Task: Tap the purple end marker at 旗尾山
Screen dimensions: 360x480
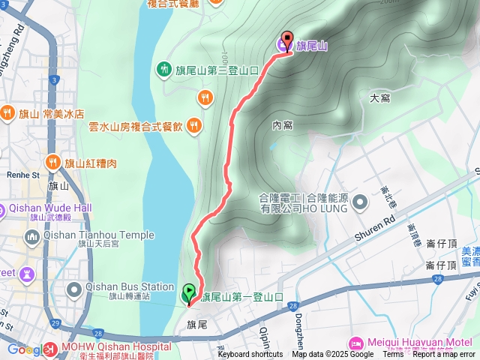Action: [x=286, y=41]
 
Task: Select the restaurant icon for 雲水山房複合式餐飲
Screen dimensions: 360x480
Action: [x=193, y=125]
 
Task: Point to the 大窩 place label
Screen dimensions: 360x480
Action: [x=380, y=98]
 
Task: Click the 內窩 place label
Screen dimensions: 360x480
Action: [x=282, y=125]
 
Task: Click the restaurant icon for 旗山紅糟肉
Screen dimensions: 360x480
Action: [x=52, y=162]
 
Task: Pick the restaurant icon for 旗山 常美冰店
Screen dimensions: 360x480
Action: [x=7, y=113]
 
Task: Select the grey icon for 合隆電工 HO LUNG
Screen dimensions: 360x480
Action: [x=360, y=202]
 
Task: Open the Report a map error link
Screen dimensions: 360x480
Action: [x=444, y=355]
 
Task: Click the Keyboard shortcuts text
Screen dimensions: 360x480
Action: [x=250, y=355]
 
